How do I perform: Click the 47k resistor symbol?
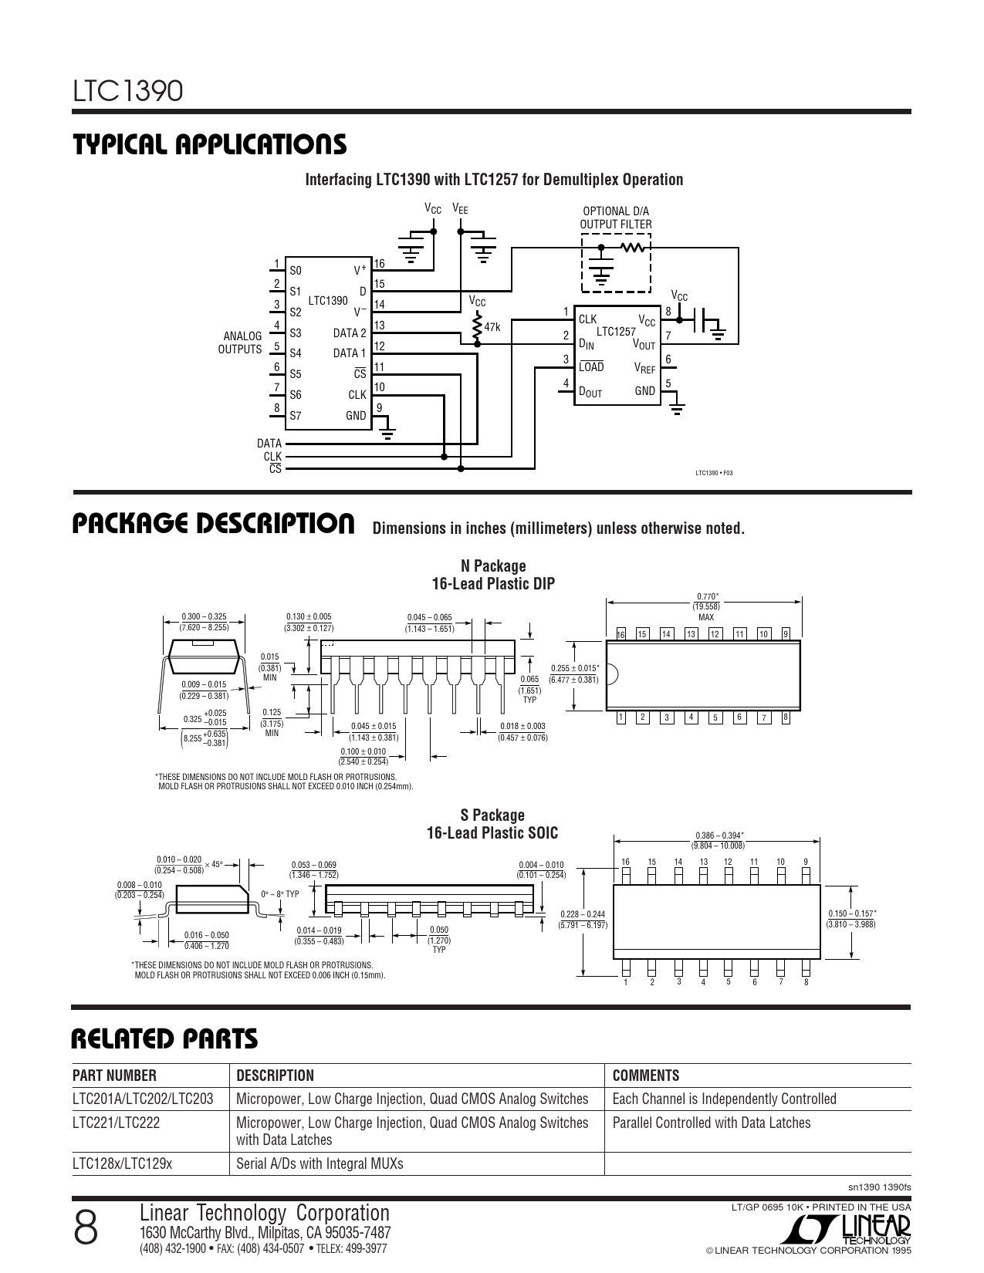(x=478, y=327)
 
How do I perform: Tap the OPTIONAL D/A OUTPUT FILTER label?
(x=615, y=218)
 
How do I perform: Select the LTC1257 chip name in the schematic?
(x=615, y=331)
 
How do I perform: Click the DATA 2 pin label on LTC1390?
(x=350, y=333)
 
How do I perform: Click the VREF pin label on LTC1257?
(x=644, y=370)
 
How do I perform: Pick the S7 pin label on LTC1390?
(x=296, y=416)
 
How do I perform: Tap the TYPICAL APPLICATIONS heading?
(x=209, y=144)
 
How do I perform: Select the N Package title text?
(x=493, y=566)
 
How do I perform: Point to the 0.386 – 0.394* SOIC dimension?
(x=719, y=836)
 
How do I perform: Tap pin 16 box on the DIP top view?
(x=620, y=634)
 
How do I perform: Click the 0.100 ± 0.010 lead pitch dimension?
(x=363, y=751)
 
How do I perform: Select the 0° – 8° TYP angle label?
(x=279, y=893)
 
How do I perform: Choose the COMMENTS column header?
(x=645, y=1075)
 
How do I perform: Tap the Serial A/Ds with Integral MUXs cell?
(x=320, y=1163)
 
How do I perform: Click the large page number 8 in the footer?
(x=86, y=1227)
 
